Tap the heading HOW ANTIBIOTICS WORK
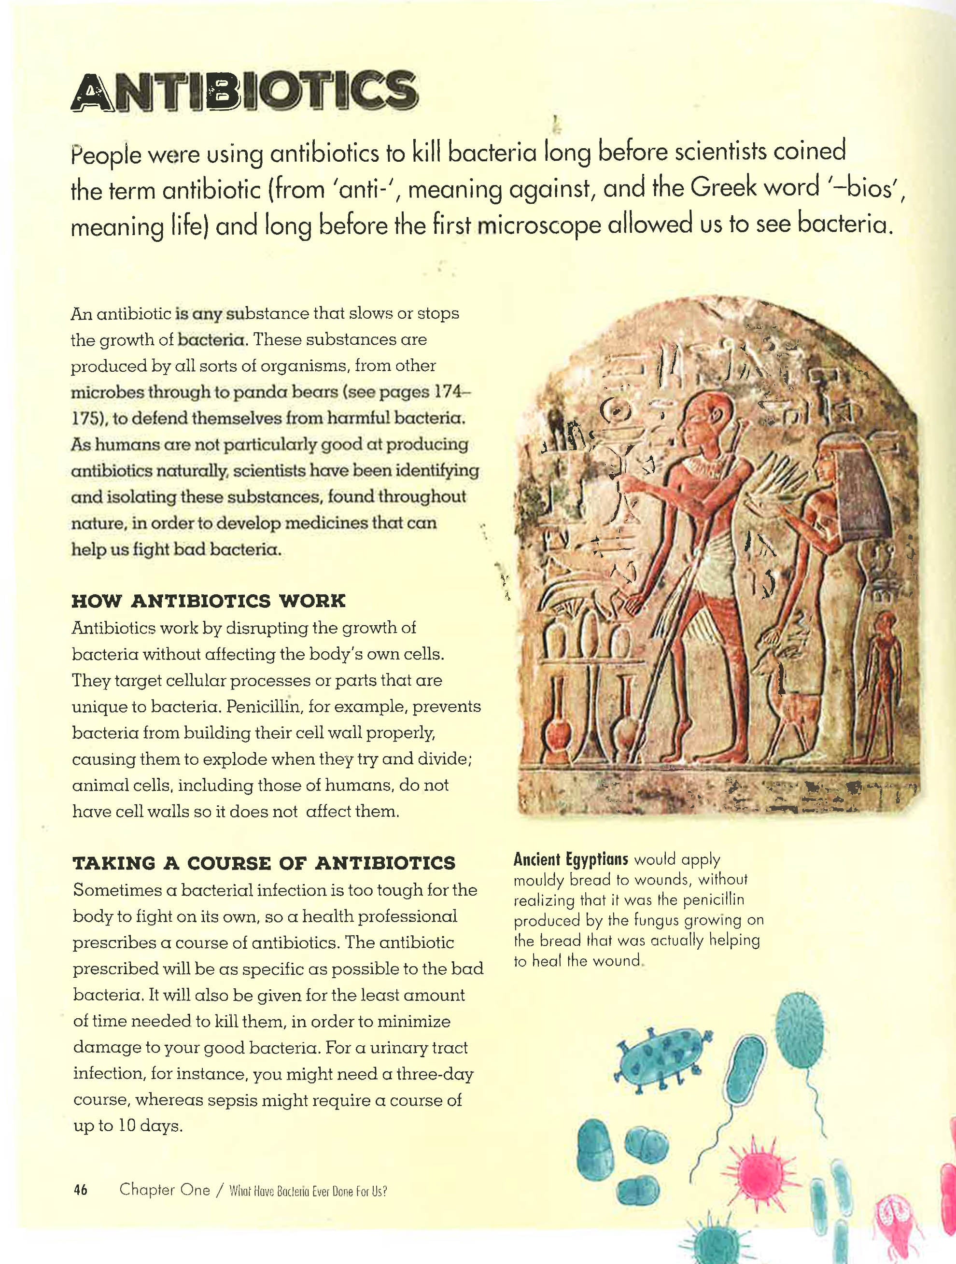(209, 602)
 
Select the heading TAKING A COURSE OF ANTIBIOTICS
(264, 863)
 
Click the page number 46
(80, 1191)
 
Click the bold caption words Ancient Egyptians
(571, 859)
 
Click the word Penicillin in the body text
(264, 707)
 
